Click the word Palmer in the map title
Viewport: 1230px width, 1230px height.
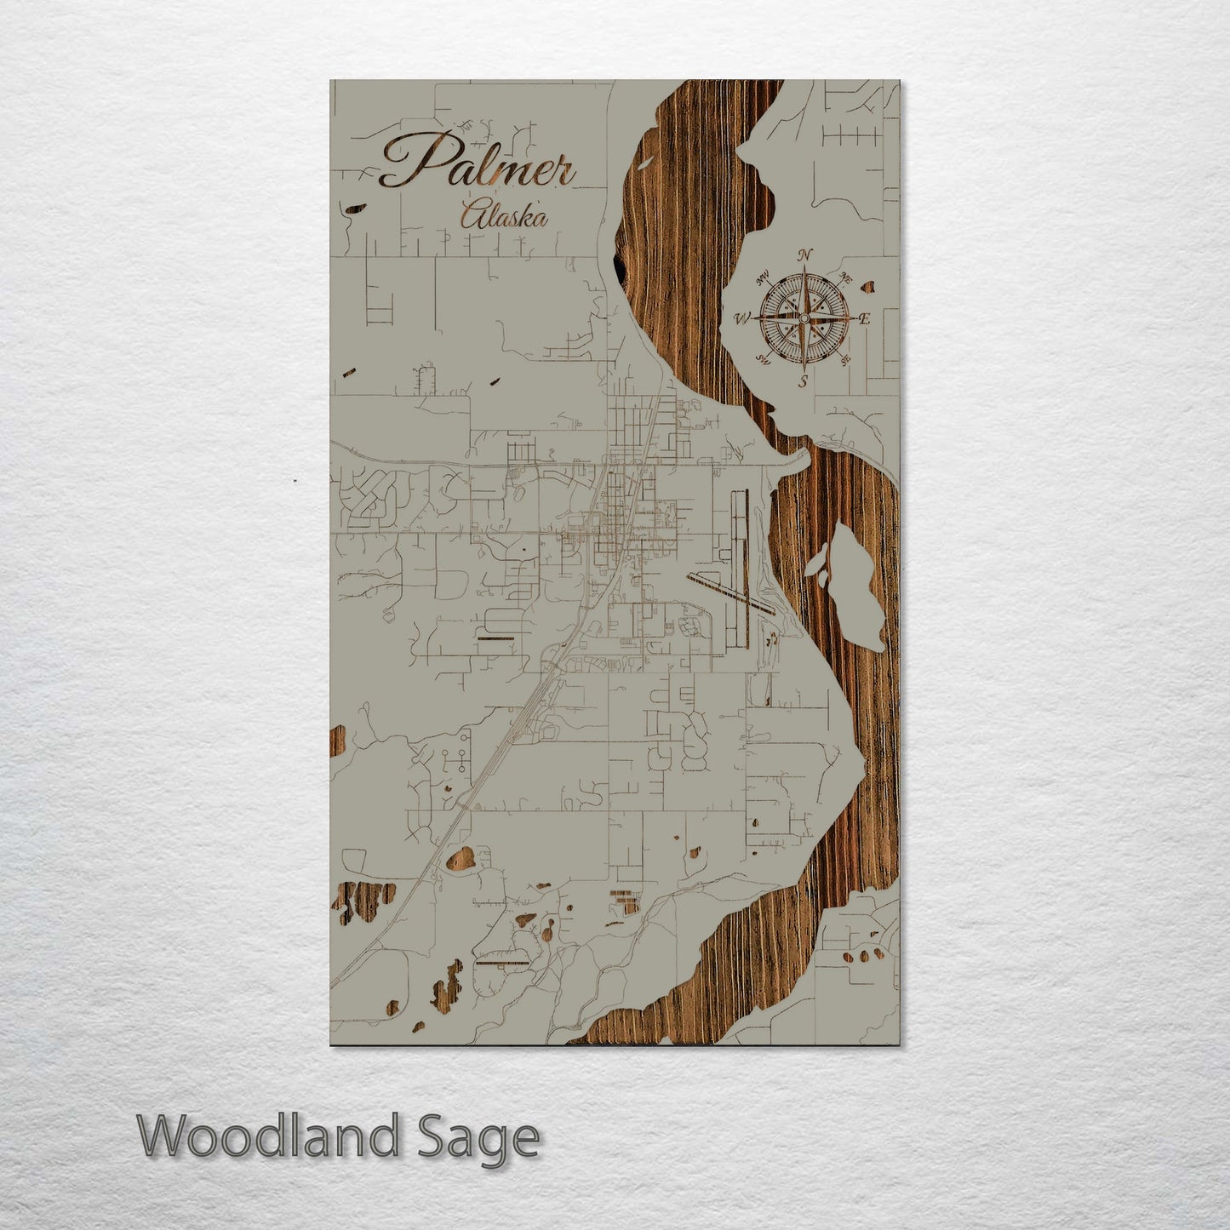coord(477,163)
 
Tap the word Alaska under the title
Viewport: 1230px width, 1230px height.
coord(503,216)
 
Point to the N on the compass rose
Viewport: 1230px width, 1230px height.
coord(804,255)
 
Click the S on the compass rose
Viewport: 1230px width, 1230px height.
coord(803,381)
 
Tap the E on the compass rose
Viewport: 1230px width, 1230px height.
coord(864,319)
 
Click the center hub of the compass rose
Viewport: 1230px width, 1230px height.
coord(803,318)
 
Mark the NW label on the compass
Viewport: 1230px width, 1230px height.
coord(763,275)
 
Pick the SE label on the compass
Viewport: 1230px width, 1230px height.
coord(844,361)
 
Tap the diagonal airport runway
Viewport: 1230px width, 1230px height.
coord(732,592)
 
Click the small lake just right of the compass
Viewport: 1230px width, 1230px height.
coord(869,287)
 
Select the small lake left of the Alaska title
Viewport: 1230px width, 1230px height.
coord(353,207)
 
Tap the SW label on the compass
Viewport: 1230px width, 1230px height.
coord(763,360)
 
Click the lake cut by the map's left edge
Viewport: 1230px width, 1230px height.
coord(337,741)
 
